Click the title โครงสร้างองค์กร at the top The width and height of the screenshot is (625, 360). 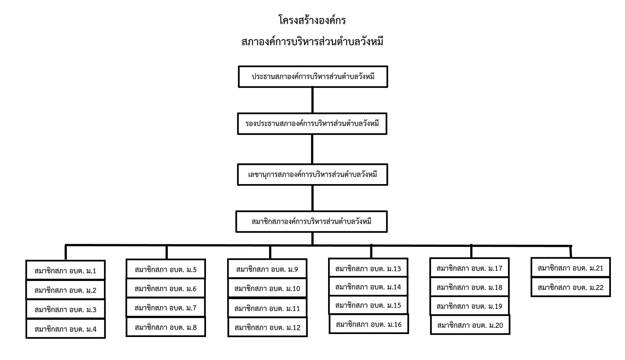click(x=312, y=20)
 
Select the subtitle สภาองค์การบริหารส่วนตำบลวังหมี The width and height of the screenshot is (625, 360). click(x=312, y=42)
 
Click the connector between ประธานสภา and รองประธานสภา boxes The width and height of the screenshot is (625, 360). click(x=312, y=100)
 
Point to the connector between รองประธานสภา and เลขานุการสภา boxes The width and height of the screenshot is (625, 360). click(x=312, y=149)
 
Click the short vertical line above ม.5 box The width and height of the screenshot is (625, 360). click(x=167, y=252)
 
